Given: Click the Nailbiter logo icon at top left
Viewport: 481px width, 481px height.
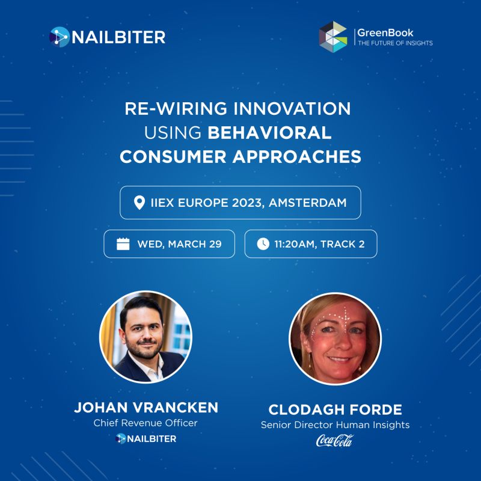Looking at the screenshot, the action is [x=60, y=37].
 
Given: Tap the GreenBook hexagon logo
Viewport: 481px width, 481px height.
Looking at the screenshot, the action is [x=333, y=37].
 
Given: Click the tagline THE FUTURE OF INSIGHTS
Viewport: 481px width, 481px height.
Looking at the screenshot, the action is [x=395, y=43].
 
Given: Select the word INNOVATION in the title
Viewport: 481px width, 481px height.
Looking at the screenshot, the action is [x=292, y=109].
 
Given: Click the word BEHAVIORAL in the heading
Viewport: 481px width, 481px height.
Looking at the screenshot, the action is [x=269, y=133].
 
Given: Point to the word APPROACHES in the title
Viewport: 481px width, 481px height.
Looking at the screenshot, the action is [x=296, y=157].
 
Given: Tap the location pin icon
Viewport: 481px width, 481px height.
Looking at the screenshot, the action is [x=139, y=203].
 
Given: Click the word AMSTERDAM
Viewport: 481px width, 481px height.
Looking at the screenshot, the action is [x=308, y=203].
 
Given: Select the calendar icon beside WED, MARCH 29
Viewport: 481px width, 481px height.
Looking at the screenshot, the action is [x=123, y=244].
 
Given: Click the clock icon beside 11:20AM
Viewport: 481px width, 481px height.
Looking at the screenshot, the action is [x=263, y=244].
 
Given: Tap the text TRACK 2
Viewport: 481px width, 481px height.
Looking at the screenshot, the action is [x=342, y=244].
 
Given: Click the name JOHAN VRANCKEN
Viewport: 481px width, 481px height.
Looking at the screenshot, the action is [x=146, y=408].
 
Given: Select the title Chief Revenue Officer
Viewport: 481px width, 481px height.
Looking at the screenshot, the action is [x=146, y=423].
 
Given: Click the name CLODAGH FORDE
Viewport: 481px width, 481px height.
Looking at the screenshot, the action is [x=335, y=409].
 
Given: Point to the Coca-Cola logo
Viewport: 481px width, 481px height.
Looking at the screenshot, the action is [x=335, y=441].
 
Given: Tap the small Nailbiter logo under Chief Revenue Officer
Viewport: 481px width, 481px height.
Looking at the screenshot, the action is [x=146, y=439].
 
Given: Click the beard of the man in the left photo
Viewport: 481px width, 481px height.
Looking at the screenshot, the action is [x=144, y=350].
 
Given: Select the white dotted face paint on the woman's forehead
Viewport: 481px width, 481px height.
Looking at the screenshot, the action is [x=333, y=319].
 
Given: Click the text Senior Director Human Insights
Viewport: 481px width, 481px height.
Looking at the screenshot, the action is [x=335, y=425].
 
